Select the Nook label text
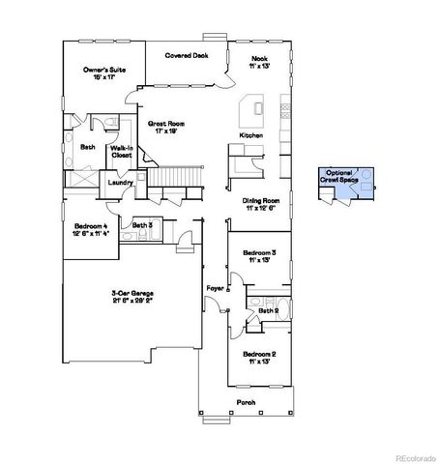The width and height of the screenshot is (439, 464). click(x=257, y=60)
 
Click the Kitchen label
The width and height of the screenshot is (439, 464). click(x=251, y=135)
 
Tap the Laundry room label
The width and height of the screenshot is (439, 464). click(x=121, y=182)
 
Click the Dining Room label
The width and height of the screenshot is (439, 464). click(x=259, y=204)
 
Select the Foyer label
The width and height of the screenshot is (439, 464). click(x=216, y=288)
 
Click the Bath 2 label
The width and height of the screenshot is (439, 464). click(x=268, y=309)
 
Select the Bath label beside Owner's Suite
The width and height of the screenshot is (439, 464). click(x=87, y=147)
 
